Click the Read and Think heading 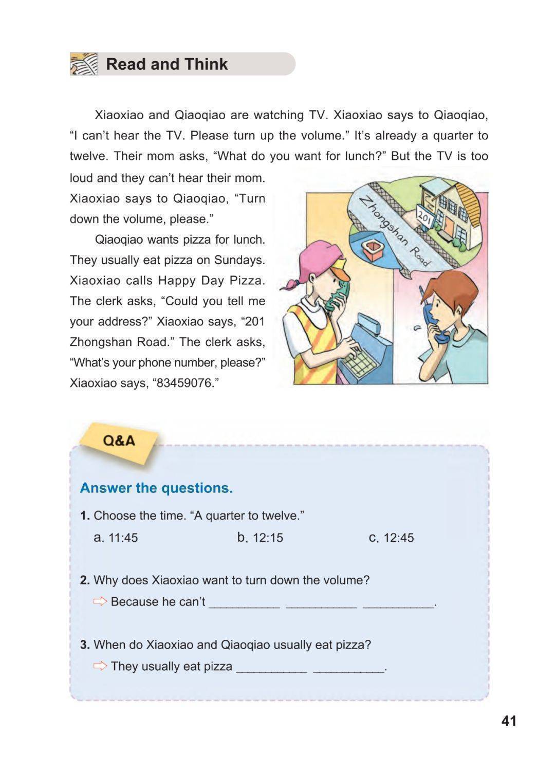click(166, 64)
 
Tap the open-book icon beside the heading click(84, 64)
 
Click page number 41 click(509, 721)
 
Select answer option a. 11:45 click(116, 538)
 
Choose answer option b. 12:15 click(260, 538)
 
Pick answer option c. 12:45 click(392, 538)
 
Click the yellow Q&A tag click(119, 441)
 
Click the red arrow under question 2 click(100, 601)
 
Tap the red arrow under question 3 click(100, 666)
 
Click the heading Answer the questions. click(156, 488)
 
